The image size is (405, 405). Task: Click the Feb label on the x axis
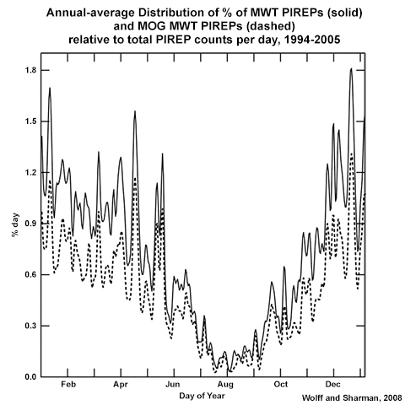68,384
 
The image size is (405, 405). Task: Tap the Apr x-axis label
120,384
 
